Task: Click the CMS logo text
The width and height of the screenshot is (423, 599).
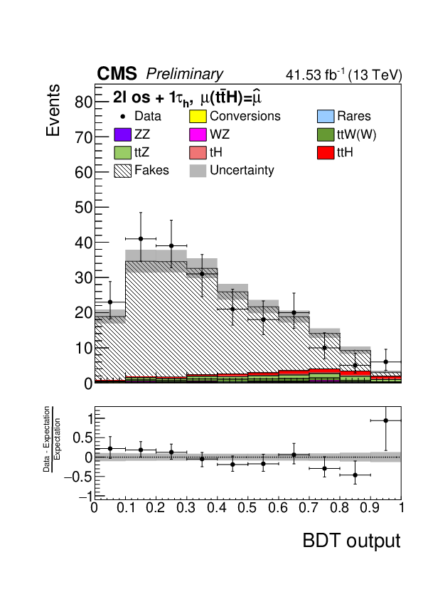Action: pos(117,73)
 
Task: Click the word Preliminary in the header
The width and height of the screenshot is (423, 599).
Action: pos(184,74)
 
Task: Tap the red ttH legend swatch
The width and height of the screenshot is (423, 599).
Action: pos(326,152)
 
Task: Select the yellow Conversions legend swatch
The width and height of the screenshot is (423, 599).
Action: pos(198,116)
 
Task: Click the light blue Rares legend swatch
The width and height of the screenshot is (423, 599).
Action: pos(326,116)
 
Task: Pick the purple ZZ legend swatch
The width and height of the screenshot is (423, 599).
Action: pos(122,134)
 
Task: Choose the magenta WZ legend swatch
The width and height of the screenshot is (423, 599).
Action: pos(198,134)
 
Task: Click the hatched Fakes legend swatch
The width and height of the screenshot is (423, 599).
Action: pos(122,170)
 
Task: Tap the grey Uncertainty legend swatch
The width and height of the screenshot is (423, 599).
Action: pos(198,170)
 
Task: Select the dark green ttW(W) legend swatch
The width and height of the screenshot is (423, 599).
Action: pos(326,134)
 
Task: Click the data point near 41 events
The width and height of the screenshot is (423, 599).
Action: pos(141,239)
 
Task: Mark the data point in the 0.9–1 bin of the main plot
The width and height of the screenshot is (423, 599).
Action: pos(385,362)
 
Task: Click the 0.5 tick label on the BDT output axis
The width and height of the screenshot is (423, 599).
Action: pos(247,508)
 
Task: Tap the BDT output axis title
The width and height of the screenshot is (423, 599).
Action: pos(352,541)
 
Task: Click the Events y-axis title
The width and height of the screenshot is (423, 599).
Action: pos(53,110)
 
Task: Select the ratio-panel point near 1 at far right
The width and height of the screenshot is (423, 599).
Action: pos(385,420)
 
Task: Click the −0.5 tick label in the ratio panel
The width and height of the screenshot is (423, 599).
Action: pos(79,477)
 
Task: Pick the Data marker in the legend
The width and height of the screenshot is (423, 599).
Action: pos(123,116)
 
